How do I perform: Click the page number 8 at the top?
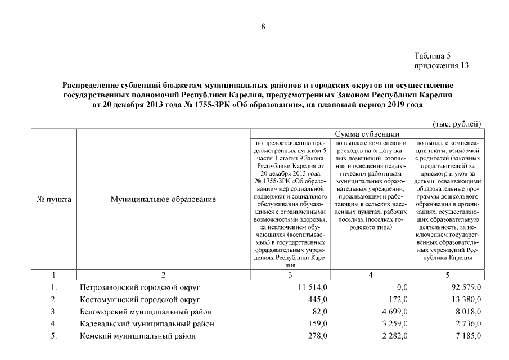[x=263, y=26]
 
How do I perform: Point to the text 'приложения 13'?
[x=441, y=65]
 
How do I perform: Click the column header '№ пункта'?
[x=53, y=199]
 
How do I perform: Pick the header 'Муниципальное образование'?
[x=163, y=199]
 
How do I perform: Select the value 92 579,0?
[x=465, y=287]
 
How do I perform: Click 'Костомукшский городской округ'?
[x=139, y=299]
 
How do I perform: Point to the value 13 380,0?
[x=465, y=299]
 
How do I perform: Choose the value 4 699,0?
[x=395, y=312]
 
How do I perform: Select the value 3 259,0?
[x=395, y=324]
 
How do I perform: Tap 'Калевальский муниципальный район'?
[x=147, y=324]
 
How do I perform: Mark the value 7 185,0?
[x=467, y=336]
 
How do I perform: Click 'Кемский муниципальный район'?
[x=138, y=336]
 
